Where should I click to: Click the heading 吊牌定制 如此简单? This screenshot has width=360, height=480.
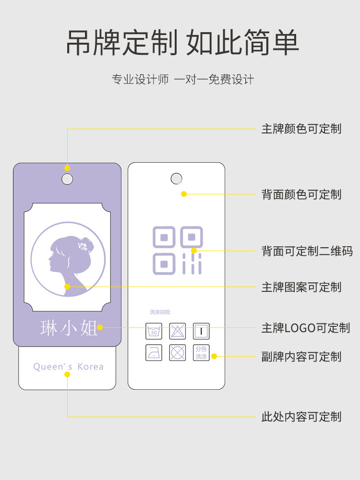point(182,43)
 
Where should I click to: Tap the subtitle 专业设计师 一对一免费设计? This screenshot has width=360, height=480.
point(182,79)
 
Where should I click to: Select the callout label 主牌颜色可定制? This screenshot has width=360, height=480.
point(301,129)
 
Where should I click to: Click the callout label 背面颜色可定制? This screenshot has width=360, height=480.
point(301,194)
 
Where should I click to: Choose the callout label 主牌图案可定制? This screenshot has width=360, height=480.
point(301,287)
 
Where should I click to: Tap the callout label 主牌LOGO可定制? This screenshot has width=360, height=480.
point(306,328)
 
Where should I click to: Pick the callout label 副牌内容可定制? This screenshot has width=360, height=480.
point(301,357)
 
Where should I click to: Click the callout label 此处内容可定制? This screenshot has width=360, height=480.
point(301,417)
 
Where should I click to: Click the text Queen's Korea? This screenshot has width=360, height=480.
point(68,367)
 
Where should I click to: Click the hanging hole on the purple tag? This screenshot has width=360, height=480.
point(67,180)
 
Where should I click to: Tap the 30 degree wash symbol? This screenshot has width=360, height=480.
point(154,331)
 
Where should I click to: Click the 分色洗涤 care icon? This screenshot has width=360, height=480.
point(201,353)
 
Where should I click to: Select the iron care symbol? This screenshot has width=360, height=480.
point(154,353)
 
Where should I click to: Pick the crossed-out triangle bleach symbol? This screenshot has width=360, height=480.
point(178,331)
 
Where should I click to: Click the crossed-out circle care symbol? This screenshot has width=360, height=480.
point(178,353)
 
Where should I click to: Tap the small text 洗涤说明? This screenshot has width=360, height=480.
point(160,312)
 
